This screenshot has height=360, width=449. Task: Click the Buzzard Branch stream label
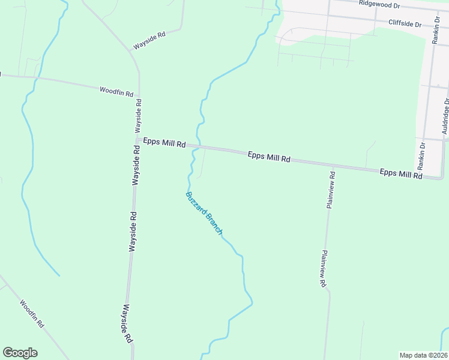click(205, 213)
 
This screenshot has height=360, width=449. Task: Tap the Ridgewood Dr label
click(379, 4)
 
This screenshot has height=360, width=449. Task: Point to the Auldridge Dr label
click(445, 118)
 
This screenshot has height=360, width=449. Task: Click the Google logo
click(20, 353)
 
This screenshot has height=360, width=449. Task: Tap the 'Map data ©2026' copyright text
click(423, 355)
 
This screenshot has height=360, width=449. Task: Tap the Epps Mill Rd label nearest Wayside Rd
click(164, 143)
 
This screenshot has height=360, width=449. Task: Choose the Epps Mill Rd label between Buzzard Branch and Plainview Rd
click(269, 157)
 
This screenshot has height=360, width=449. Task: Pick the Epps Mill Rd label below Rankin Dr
click(401, 174)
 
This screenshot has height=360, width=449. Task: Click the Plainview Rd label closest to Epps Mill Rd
click(331, 190)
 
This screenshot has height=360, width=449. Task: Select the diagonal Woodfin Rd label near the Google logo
click(32, 313)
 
